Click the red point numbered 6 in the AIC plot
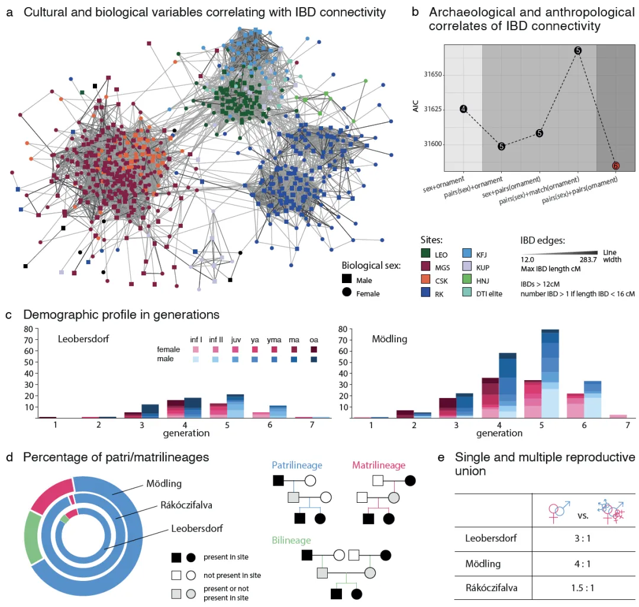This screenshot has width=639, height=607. [615, 166]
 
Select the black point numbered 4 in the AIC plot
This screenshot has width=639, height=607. [463, 109]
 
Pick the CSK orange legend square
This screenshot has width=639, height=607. [422, 281]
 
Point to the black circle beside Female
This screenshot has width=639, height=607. [347, 293]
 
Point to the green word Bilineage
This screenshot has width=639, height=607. [292, 540]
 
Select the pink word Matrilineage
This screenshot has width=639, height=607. [378, 466]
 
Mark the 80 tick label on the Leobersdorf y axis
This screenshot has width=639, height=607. [28, 329]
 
